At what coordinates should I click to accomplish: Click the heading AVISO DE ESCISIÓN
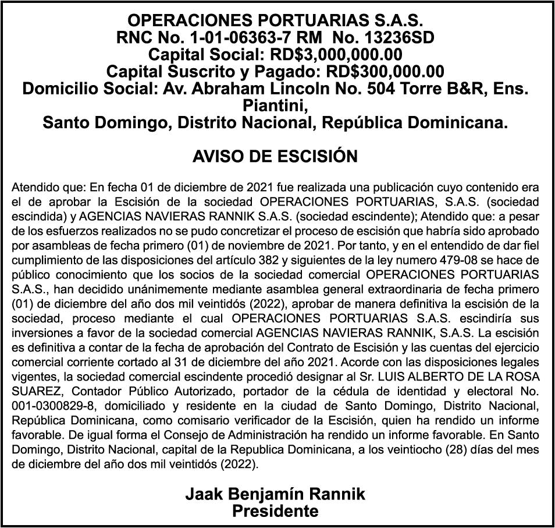[275, 157]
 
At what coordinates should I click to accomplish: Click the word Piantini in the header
[273, 107]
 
